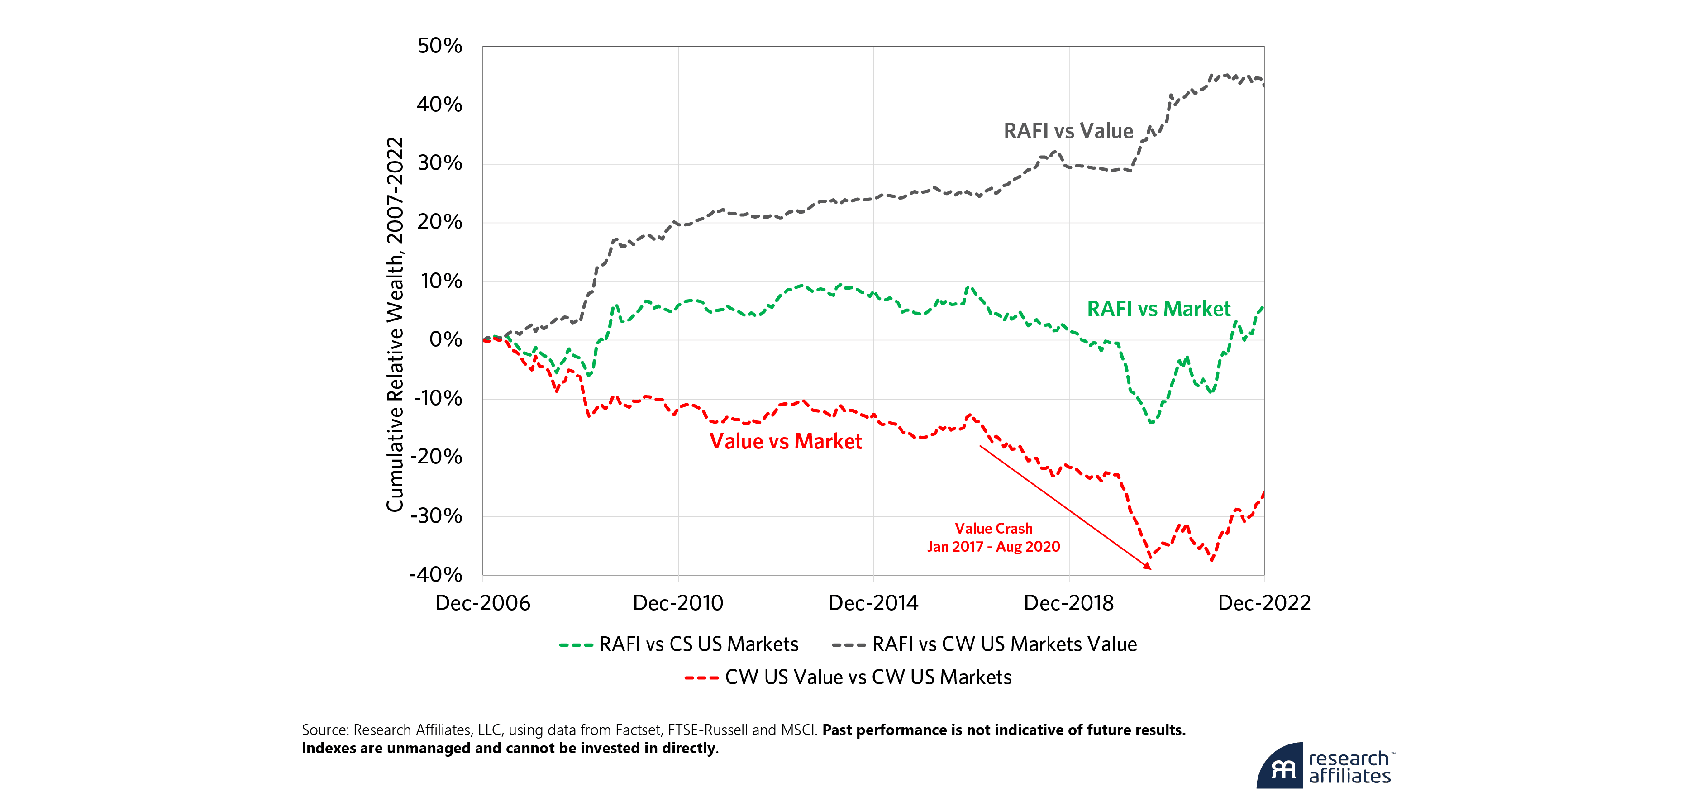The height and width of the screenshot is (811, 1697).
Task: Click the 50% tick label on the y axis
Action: (x=439, y=46)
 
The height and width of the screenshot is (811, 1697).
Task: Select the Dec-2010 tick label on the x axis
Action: (x=678, y=603)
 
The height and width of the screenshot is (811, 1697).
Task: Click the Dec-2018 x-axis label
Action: (x=1068, y=603)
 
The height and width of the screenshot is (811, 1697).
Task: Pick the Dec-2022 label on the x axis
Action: (x=1263, y=603)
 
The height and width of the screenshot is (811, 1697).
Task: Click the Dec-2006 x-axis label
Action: (x=483, y=603)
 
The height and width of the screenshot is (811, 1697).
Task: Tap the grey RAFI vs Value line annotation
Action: (x=1068, y=131)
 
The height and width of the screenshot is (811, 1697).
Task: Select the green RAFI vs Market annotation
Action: (x=1158, y=309)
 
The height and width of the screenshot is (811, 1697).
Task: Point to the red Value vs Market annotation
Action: (x=785, y=441)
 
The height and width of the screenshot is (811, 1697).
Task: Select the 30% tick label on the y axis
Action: (x=439, y=163)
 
